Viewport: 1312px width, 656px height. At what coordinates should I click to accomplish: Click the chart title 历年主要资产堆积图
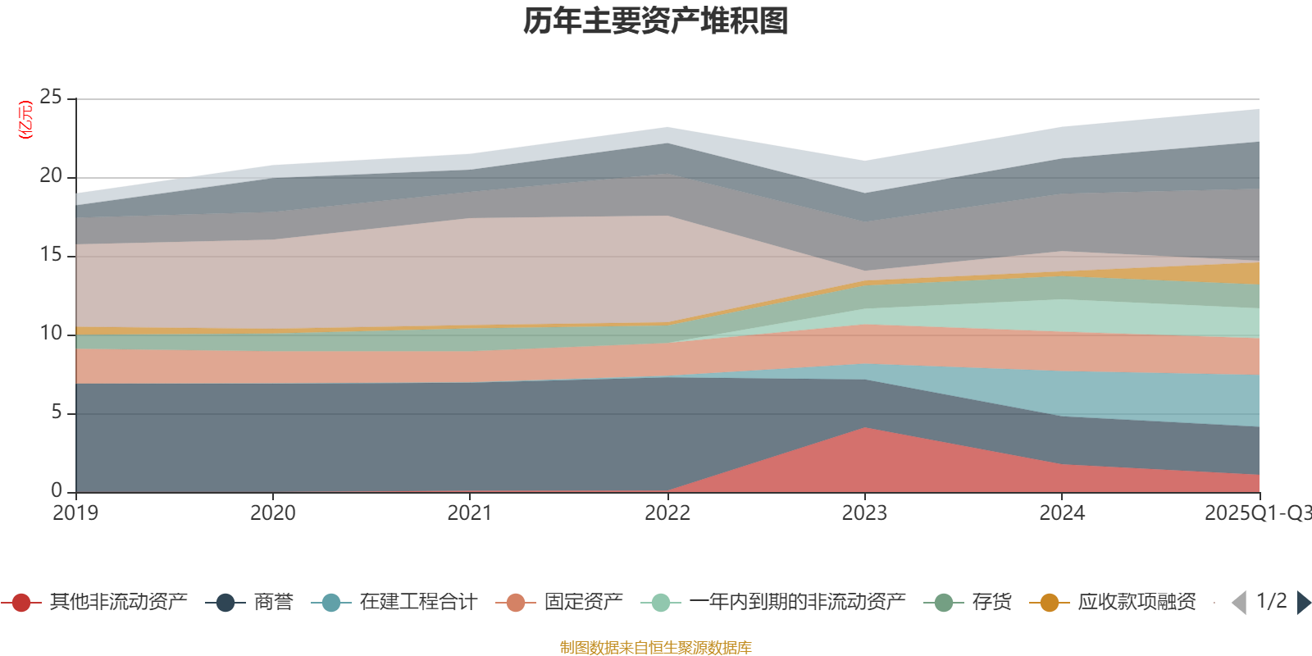click(x=656, y=21)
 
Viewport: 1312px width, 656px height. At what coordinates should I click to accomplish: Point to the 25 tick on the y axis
click(x=51, y=98)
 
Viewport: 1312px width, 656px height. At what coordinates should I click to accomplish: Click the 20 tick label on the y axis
click(x=51, y=176)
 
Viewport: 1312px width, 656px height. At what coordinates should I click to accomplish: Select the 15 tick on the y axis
click(x=51, y=255)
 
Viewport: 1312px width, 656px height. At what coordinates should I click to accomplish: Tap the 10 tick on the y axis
click(x=51, y=334)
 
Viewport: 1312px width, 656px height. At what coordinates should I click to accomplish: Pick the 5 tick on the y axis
click(x=57, y=412)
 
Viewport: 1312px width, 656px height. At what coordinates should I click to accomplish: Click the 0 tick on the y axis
click(x=57, y=491)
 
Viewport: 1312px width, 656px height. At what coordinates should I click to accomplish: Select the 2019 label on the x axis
click(x=75, y=513)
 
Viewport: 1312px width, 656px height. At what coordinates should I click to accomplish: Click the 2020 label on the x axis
click(x=272, y=513)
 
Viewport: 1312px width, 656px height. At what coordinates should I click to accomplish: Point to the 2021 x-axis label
click(x=470, y=513)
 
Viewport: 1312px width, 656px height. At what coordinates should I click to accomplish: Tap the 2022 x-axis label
click(x=667, y=513)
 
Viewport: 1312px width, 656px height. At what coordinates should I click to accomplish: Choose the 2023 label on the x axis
click(x=864, y=513)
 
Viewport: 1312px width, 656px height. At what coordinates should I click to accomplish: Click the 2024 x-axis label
click(x=1062, y=513)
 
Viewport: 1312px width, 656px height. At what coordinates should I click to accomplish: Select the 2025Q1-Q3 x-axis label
click(x=1256, y=513)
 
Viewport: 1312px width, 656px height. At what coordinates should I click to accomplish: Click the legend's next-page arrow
click(x=1303, y=603)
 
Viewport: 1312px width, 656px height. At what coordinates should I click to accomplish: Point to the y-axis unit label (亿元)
click(x=26, y=120)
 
